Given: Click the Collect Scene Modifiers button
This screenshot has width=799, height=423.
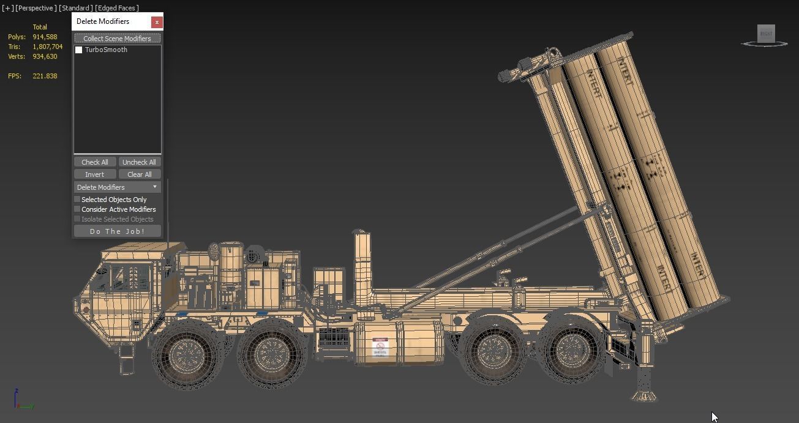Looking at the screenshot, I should click(x=117, y=39).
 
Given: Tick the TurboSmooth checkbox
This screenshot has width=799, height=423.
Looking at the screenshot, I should click(x=79, y=50).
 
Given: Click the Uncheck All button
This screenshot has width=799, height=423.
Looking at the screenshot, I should click(x=139, y=162).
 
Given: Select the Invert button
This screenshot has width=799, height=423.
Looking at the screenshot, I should click(x=94, y=174).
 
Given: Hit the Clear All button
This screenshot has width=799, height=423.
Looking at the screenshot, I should click(x=139, y=174).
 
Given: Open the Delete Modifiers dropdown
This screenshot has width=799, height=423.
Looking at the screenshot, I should click(x=117, y=187).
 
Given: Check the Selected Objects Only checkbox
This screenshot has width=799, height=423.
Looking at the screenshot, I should click(x=78, y=200).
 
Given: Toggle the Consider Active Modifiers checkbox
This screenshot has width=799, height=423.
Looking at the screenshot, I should click(x=78, y=209).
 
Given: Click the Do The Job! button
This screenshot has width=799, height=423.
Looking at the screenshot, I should click(x=117, y=231).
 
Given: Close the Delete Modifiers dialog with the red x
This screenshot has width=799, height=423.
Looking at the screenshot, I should click(x=157, y=22).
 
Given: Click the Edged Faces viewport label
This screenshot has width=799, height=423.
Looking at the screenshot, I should click(x=117, y=8).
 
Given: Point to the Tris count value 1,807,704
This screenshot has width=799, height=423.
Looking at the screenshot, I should click(x=48, y=47).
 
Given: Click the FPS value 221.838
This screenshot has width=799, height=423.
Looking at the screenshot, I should click(x=45, y=76).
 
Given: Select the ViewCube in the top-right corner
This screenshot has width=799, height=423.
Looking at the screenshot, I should click(x=766, y=34).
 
